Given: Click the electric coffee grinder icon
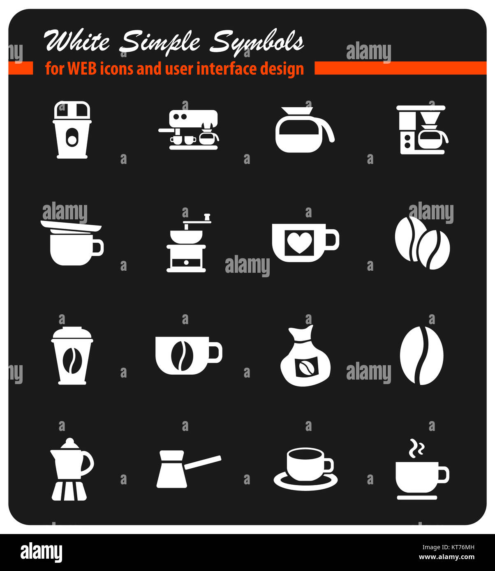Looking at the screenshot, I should (x=72, y=130).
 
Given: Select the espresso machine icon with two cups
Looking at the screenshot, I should (x=189, y=130).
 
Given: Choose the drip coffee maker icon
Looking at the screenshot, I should (x=421, y=130).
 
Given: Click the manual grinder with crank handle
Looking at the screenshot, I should (x=187, y=243).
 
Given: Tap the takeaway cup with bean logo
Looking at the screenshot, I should (x=72, y=356).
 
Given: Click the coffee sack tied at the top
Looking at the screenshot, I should (x=305, y=357).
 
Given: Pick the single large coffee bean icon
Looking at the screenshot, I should (x=421, y=356).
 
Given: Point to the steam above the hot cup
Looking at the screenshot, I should (x=416, y=449).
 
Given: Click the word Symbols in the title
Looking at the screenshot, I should (x=257, y=42).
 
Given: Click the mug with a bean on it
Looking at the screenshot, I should (x=188, y=356).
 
